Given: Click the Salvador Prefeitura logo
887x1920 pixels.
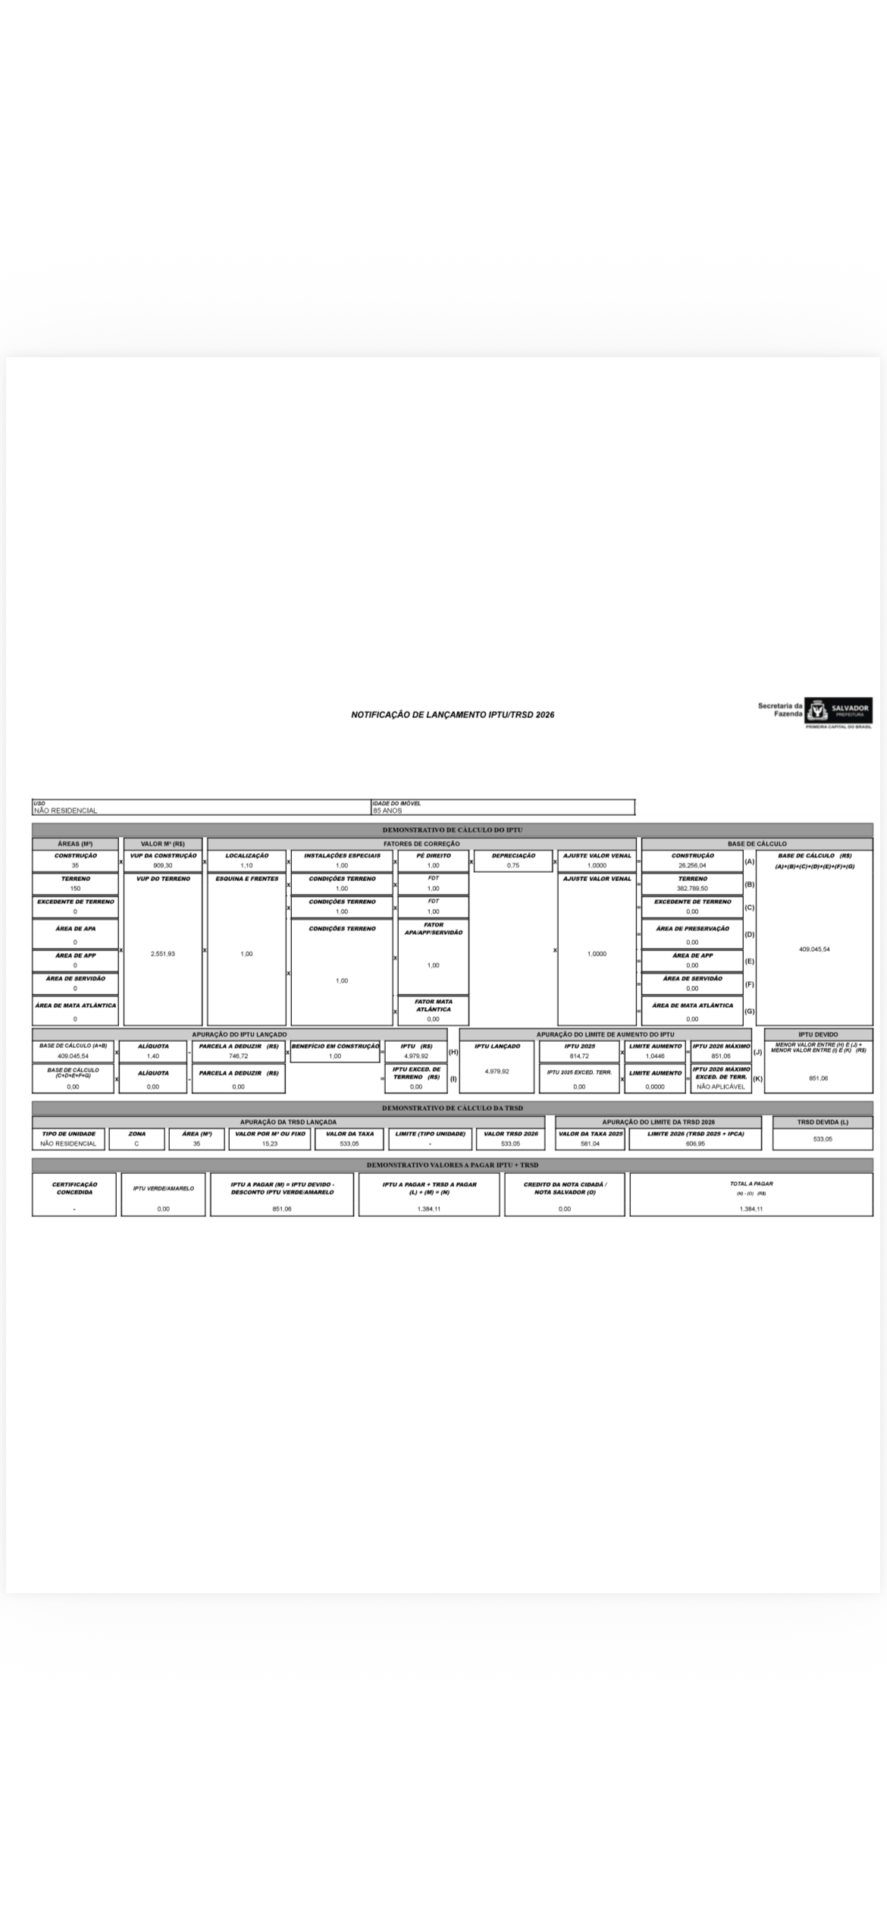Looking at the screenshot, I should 837,711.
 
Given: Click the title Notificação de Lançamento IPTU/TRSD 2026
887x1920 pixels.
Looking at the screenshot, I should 453,714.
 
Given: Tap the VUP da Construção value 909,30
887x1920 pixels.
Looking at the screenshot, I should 163,865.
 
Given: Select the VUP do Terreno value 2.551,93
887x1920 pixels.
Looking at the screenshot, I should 163,954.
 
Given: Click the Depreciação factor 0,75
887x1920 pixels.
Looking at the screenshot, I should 513,865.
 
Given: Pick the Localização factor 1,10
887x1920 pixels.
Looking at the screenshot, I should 246,865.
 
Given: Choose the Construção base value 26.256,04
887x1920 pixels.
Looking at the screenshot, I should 692,865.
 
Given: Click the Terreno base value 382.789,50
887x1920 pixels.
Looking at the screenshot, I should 692,888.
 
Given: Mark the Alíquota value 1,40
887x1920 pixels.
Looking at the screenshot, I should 153,1056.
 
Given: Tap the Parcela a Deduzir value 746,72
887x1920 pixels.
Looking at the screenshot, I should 238,1056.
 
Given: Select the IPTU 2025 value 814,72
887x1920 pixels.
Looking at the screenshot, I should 579,1056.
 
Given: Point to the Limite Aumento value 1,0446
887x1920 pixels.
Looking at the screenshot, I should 655,1056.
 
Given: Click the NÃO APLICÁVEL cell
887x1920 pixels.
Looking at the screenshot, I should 720,1087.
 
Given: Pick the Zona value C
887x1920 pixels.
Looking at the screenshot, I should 136,1144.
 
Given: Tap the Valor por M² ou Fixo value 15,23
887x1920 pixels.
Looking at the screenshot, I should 270,1144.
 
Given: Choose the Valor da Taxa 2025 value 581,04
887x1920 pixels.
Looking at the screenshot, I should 590,1144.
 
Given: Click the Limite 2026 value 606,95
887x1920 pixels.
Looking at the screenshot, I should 695,1144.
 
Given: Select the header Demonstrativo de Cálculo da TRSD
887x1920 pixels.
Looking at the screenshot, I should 452,1108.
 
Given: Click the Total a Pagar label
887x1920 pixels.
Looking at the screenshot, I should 751,1184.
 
